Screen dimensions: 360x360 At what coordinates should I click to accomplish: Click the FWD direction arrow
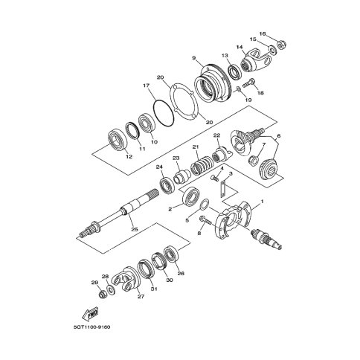[x=90, y=314]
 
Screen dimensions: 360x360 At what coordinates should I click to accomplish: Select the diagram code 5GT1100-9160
[x=91, y=327]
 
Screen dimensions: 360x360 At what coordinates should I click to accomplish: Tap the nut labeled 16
[x=280, y=45]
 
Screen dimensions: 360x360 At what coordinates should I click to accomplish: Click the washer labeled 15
[x=272, y=50]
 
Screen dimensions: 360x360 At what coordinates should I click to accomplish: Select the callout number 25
[x=135, y=229]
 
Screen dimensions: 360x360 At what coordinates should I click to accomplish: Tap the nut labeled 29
[x=103, y=295]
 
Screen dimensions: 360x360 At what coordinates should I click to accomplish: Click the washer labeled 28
[x=110, y=289]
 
